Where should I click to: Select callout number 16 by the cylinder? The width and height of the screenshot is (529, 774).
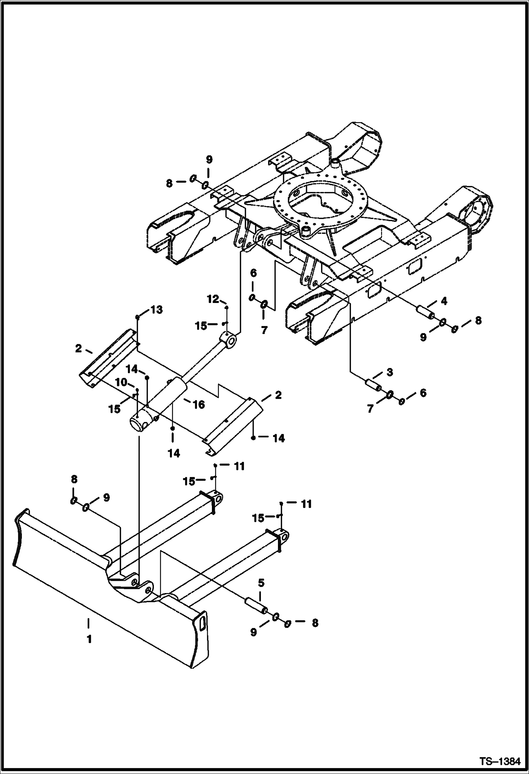pyautogui.click(x=199, y=404)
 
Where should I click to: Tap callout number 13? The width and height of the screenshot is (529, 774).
pyautogui.click(x=157, y=310)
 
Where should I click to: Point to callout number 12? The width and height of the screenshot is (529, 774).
pyautogui.click(x=213, y=299)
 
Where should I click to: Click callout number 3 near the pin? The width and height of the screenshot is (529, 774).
pyautogui.click(x=390, y=373)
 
